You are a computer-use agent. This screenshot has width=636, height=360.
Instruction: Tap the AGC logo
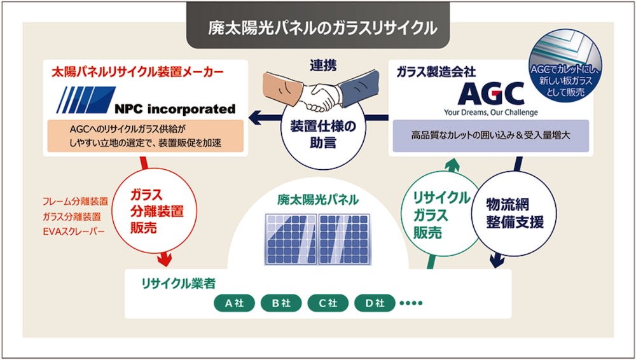tap(490, 93)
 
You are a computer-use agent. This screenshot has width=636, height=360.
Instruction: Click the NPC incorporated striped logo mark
tap(86, 99)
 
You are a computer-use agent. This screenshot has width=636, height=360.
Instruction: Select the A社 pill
tap(235, 303)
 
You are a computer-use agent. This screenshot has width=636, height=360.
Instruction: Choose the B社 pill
tap(281, 303)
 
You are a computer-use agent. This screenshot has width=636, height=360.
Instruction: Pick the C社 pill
tap(328, 303)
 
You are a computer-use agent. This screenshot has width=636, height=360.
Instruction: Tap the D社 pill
tap(375, 303)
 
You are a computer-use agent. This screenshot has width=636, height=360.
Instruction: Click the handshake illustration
tap(321, 91)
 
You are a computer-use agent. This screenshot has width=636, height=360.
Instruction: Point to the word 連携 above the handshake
tap(323, 66)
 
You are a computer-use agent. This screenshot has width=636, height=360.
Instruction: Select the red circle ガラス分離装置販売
tap(155, 211)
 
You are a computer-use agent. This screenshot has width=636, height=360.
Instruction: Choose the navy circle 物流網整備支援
tap(515, 214)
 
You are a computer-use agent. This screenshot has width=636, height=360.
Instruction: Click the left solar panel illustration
tap(291, 239)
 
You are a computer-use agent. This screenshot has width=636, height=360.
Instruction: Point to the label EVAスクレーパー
tap(73, 232)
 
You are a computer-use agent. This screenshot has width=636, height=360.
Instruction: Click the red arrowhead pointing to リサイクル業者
tap(164, 259)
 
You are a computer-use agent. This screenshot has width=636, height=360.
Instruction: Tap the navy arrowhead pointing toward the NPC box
tap(256, 118)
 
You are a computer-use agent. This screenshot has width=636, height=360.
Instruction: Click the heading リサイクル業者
tap(178, 284)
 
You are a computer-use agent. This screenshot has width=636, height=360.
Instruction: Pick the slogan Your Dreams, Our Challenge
tap(491, 113)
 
